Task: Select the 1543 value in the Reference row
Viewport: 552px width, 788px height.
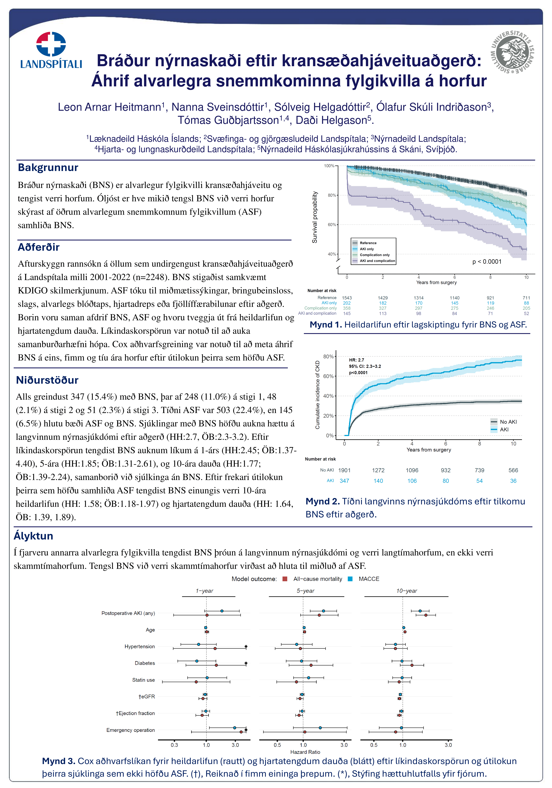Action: pyautogui.click(x=347, y=298)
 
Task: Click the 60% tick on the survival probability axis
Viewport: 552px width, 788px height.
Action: pyautogui.click(x=331, y=225)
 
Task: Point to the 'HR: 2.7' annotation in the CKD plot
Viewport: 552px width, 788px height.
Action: pyautogui.click(x=356, y=360)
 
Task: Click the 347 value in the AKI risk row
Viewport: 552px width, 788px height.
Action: pyautogui.click(x=344, y=481)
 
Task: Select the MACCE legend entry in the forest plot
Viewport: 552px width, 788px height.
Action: pyautogui.click(x=369, y=579)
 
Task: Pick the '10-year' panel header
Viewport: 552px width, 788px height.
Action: pyautogui.click(x=407, y=591)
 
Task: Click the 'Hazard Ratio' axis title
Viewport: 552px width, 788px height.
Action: pyautogui.click(x=305, y=752)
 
